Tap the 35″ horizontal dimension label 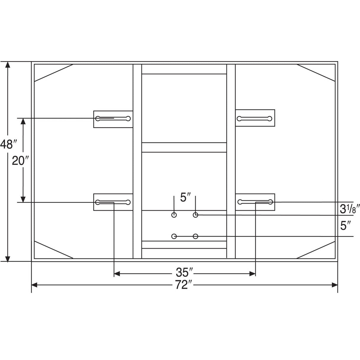click(x=184, y=272)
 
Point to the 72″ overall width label click(x=184, y=285)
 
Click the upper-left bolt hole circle click(x=174, y=215)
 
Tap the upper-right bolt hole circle click(x=195, y=215)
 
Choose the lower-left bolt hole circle click(x=174, y=236)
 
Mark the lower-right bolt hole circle click(x=195, y=236)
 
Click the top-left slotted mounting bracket click(x=113, y=119)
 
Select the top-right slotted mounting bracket click(x=255, y=119)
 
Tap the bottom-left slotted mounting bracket click(x=113, y=202)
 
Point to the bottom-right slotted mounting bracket click(x=255, y=202)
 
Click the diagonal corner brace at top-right click(x=316, y=72)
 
